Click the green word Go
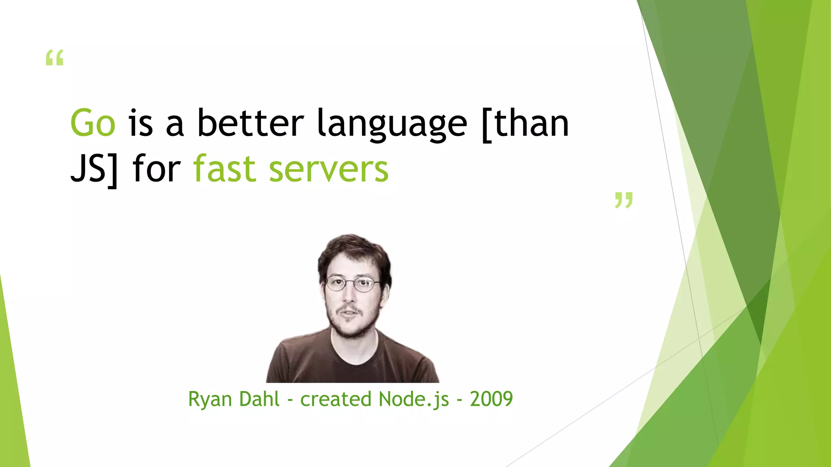(x=93, y=123)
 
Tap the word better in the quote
(x=250, y=123)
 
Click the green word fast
(x=224, y=168)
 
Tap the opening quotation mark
(x=55, y=58)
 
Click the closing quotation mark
(x=624, y=200)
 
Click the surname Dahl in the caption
(x=259, y=399)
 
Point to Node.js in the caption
(x=414, y=399)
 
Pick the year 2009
(x=491, y=399)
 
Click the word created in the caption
(x=336, y=399)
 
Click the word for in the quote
(x=156, y=168)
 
